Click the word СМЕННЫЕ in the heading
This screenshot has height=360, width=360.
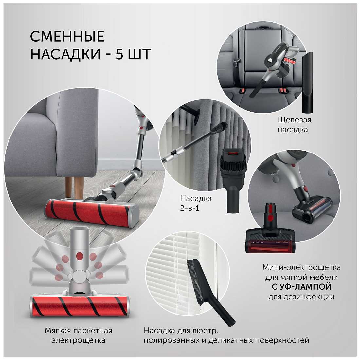point(67,36)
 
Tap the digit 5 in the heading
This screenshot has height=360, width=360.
point(119,54)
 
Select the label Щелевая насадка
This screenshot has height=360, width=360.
point(294,125)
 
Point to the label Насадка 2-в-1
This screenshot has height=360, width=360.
point(196,203)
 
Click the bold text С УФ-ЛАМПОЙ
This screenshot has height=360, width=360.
point(301,287)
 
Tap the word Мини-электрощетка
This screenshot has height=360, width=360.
point(301,267)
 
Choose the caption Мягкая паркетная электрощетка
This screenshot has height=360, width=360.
point(79,335)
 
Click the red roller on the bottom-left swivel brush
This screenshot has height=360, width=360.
point(79,306)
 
